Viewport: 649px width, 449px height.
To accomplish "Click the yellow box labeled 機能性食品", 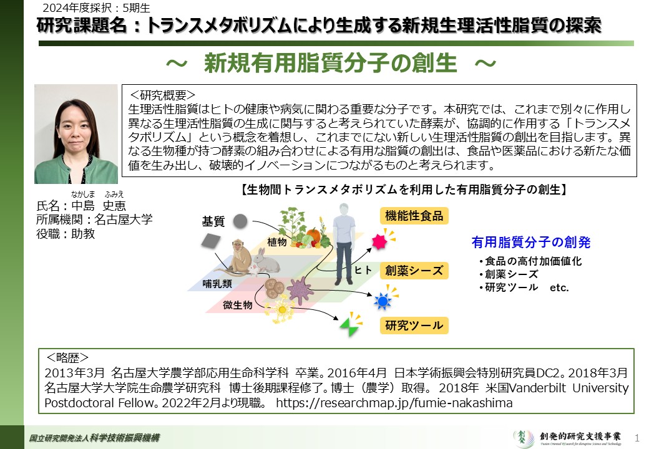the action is (414, 216).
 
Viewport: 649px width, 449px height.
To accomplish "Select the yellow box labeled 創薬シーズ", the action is (414, 271).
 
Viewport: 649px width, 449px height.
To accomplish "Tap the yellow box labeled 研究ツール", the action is (414, 326).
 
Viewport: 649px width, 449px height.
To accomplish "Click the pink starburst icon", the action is (379, 241).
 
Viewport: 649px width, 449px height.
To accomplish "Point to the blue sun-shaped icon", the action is (383, 301).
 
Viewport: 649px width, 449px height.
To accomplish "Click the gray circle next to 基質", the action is (240, 221).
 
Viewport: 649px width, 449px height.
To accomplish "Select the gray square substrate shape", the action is (211, 241).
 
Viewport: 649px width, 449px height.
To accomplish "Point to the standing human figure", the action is (344, 243).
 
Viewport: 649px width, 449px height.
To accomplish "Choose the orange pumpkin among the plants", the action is (313, 236).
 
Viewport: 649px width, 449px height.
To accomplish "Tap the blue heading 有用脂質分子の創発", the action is (531, 242).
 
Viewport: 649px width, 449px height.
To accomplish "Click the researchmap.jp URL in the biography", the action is (394, 403).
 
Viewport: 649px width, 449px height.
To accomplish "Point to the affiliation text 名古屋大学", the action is (124, 220).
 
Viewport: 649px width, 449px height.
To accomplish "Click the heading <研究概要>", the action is (162, 95).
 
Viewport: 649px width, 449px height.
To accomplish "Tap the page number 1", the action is (637, 437).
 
